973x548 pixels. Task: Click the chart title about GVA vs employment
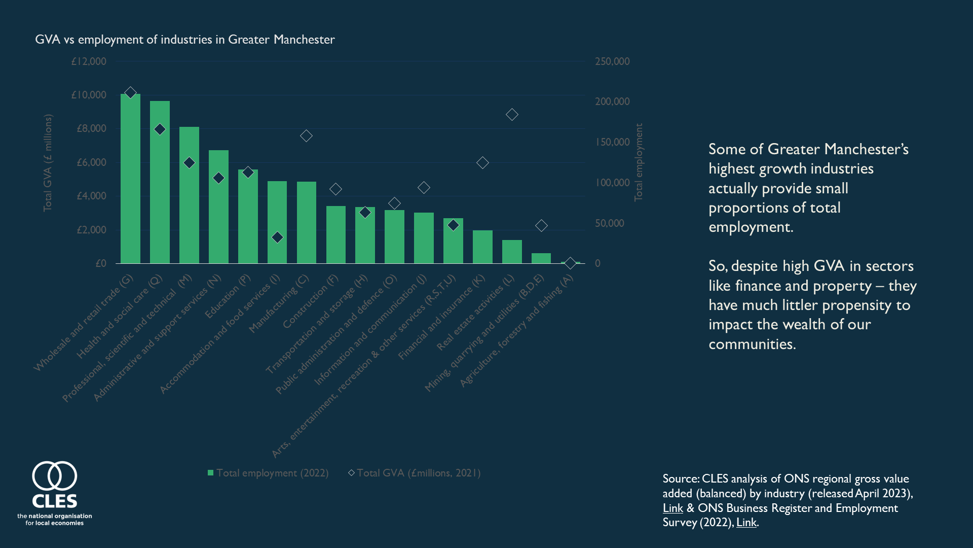[x=184, y=40]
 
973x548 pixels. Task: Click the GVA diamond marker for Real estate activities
[x=512, y=115]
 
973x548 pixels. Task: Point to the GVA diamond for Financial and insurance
[x=482, y=163]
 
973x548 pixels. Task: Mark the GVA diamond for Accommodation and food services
[x=277, y=237]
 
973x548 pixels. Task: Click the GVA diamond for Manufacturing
[x=306, y=136]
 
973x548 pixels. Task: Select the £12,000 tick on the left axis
[x=89, y=61]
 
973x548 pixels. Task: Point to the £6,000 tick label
[x=91, y=162]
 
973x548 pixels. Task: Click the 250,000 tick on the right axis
[x=612, y=61]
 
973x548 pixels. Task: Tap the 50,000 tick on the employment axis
[x=609, y=223]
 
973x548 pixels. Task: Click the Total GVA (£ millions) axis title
[x=47, y=162]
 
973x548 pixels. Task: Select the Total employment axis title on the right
[x=639, y=162]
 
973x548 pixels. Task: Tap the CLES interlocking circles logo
[x=55, y=476]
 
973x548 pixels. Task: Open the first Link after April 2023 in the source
[x=672, y=508]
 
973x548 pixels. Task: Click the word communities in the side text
[x=752, y=344]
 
